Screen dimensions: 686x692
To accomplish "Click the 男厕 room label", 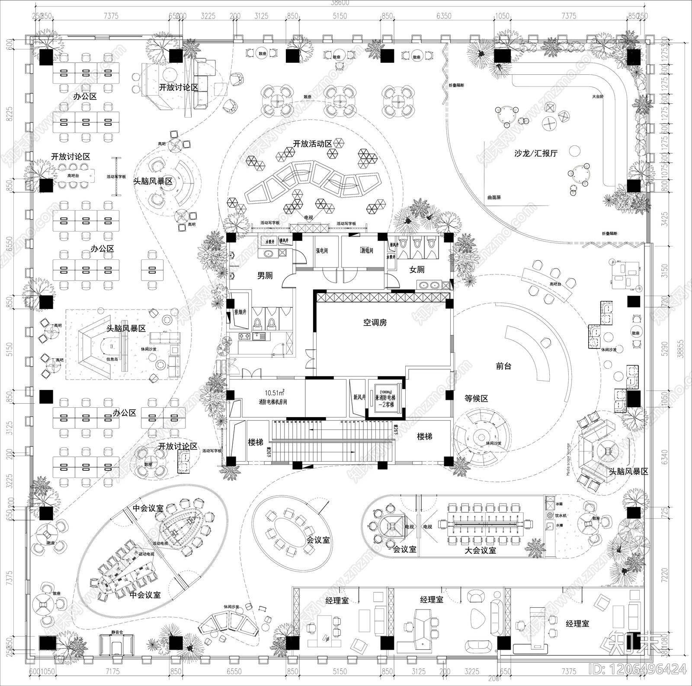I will (265, 275).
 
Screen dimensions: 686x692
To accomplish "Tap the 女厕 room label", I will (416, 270).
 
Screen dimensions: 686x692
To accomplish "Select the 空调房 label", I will (375, 322).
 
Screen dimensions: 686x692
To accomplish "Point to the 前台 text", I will (503, 366).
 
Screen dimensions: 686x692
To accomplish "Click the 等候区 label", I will (476, 399).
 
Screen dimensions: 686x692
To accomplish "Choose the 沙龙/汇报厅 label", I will (536, 153).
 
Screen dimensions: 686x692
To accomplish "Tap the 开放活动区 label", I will (312, 144).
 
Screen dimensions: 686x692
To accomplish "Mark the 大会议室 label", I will (480, 551).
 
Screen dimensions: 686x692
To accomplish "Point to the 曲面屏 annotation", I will (493, 198).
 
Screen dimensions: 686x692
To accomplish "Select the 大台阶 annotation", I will (598, 97).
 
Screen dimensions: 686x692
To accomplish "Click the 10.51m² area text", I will (274, 393).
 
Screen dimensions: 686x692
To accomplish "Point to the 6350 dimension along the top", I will (444, 16).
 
